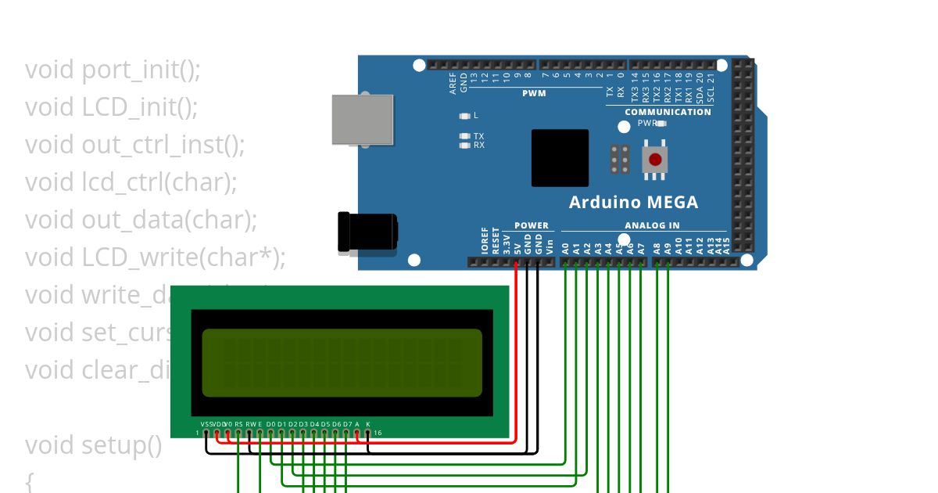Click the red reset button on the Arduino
(x=655, y=160)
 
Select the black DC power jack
(x=365, y=232)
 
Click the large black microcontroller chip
(x=560, y=157)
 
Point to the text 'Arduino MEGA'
(x=633, y=202)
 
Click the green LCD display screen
(x=342, y=362)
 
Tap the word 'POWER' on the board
(x=532, y=225)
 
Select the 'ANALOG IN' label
(x=652, y=225)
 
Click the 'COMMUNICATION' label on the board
(x=668, y=112)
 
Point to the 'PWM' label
(x=534, y=93)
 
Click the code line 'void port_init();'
(x=113, y=70)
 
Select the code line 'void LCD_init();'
(x=111, y=107)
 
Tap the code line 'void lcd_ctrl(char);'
(x=131, y=182)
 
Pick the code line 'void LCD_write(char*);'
(x=155, y=257)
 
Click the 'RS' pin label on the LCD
(x=238, y=424)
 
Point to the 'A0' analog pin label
(x=564, y=248)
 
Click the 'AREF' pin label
(x=453, y=85)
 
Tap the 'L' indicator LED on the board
(x=466, y=116)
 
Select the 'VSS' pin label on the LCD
(x=206, y=424)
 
